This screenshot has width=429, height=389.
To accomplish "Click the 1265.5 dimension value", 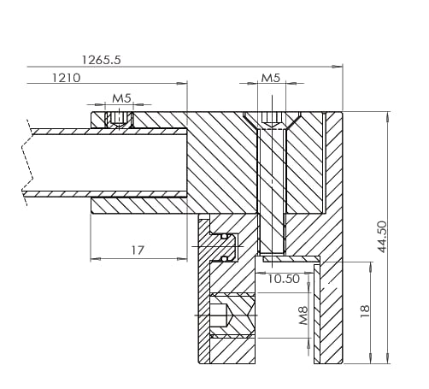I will coord(101,60).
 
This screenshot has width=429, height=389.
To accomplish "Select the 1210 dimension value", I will coord(66,78).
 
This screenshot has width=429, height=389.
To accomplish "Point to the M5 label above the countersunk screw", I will coord(270,78).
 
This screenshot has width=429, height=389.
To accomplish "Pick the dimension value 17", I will coord(137,250).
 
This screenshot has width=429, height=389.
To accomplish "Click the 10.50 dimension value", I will coord(283,279).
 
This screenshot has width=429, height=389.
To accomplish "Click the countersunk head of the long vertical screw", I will coord(271,121).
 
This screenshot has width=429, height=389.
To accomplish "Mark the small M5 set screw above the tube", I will coord(120,118).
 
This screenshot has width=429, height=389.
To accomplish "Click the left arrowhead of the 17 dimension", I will coord(93,258).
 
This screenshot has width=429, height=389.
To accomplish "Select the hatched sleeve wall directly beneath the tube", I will coord(137,206).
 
